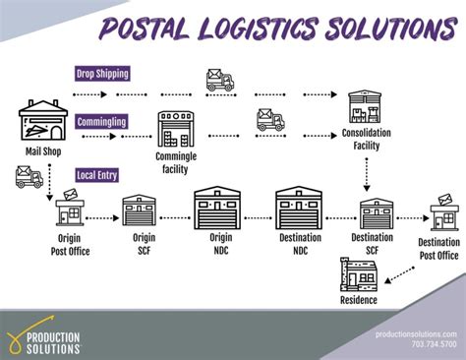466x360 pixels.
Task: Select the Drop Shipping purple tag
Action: [x=103, y=73]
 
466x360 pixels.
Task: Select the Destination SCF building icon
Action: [x=375, y=212]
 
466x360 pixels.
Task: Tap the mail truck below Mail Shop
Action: [x=29, y=177]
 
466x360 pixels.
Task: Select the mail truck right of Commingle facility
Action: [x=268, y=121]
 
